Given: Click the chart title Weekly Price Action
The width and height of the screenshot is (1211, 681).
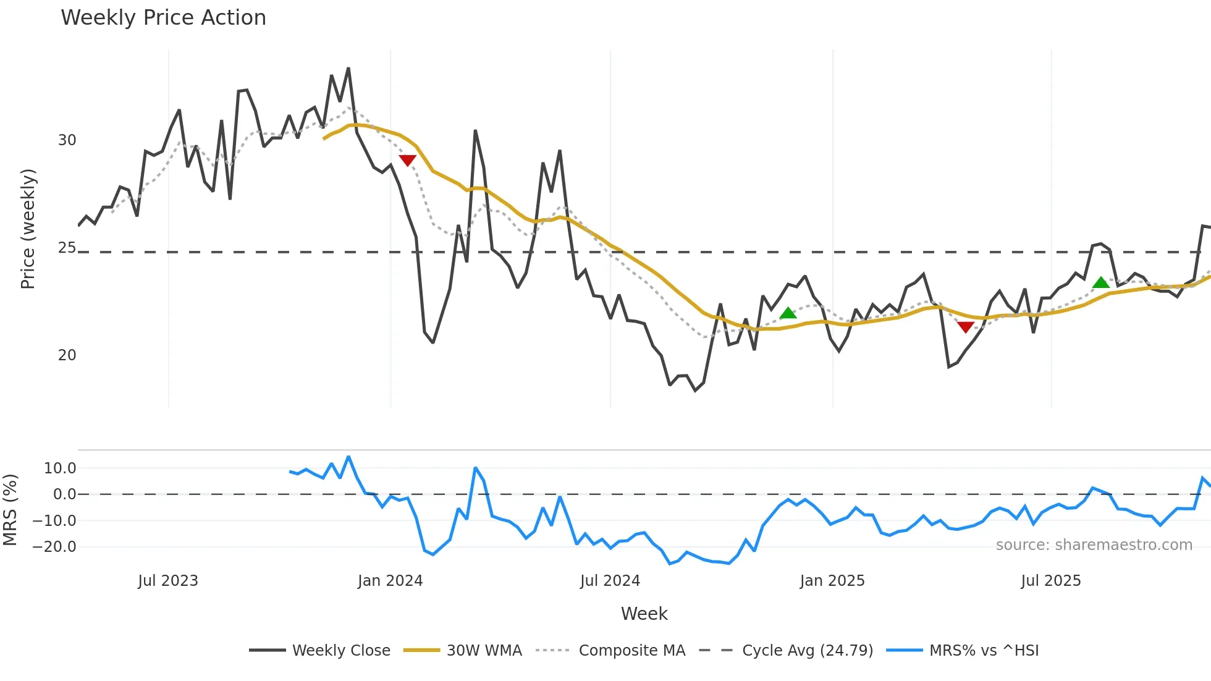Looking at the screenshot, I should point(163,18).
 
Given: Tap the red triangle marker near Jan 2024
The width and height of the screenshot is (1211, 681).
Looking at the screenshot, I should point(408,161).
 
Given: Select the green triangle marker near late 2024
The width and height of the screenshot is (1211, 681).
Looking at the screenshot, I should point(788,313).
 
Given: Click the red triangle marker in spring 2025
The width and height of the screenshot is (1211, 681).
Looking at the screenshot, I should point(965,327).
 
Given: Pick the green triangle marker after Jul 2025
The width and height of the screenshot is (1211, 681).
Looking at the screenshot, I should point(1101,283).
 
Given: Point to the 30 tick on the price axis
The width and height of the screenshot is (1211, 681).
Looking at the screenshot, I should point(67,140).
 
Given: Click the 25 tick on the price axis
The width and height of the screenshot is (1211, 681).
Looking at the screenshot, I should point(67,248).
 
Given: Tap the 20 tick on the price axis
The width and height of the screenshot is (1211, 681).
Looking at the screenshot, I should point(67,355).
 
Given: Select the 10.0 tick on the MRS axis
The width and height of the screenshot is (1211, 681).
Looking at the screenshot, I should point(60,468).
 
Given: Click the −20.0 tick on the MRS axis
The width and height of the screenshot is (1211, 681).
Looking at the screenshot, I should point(54,547).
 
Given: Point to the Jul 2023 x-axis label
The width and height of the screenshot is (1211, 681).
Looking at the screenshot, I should point(168,581).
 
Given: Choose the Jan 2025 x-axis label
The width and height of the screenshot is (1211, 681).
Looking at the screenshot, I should point(832,581).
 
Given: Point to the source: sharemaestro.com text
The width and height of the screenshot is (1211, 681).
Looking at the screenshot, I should point(1094,545).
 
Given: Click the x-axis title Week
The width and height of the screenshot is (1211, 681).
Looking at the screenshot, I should point(644,614).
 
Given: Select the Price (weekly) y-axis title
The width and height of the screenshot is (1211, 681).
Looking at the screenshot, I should point(28,229).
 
